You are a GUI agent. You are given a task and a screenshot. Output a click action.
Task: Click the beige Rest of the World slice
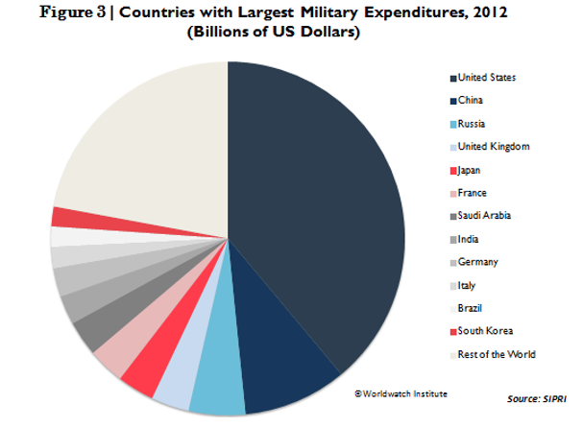[144, 144]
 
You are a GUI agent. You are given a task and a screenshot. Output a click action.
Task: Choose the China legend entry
[473, 101]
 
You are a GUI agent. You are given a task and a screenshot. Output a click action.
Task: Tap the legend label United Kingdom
[494, 147]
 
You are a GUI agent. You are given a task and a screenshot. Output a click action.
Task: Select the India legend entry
[471, 239]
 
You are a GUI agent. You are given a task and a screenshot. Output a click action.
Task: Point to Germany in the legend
[478, 262]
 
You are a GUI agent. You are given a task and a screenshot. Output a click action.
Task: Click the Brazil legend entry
[472, 308]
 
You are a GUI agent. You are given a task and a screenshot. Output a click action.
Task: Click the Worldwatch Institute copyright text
[401, 393]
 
